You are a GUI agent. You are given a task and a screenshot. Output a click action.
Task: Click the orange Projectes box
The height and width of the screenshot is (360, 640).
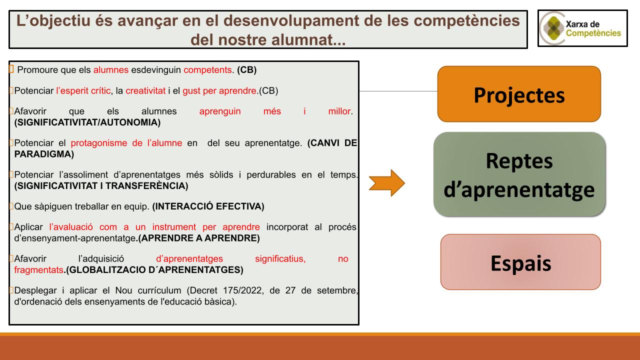pyautogui.click(x=519, y=94)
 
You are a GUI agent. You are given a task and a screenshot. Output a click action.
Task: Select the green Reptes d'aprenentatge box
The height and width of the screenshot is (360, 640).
pyautogui.click(x=519, y=174)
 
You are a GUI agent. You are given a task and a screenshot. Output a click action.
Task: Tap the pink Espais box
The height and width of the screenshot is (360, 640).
pyautogui.click(x=520, y=262)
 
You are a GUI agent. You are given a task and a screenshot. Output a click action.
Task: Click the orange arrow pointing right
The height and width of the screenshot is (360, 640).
pyautogui.click(x=386, y=183)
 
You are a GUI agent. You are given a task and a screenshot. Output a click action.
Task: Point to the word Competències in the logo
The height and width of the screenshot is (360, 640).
pyautogui.click(x=593, y=33)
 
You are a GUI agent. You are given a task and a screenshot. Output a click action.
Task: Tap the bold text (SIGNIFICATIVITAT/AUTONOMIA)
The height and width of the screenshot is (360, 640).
pyautogui.click(x=87, y=122)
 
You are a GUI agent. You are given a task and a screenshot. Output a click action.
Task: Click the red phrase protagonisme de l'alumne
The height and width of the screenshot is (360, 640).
pyautogui.click(x=126, y=143)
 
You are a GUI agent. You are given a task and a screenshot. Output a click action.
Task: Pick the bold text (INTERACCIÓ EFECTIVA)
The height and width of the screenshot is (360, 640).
pyautogui.click(x=208, y=206)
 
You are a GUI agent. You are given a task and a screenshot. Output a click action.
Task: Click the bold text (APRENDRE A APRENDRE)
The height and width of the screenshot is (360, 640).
pyautogui.click(x=198, y=238)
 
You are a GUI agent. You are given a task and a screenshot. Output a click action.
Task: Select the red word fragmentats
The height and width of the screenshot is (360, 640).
pyautogui.click(x=39, y=270)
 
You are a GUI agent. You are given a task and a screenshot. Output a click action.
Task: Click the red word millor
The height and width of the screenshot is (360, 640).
pyautogui.click(x=339, y=111)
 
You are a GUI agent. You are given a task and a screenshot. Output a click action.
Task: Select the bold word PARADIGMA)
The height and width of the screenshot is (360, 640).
pyautogui.click(x=44, y=154)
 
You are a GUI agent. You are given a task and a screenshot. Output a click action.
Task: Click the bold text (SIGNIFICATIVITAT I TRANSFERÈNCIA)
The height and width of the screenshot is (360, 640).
pyautogui.click(x=101, y=186)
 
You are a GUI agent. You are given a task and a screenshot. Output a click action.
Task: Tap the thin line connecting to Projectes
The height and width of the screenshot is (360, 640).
pyautogui.click(x=398, y=91)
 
